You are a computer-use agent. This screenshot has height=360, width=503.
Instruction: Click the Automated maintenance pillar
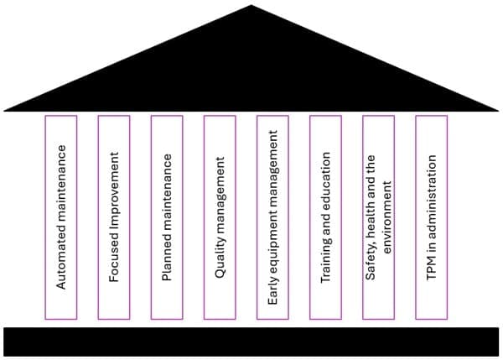pos(60,217)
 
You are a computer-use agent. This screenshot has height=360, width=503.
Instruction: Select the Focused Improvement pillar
pos(113,217)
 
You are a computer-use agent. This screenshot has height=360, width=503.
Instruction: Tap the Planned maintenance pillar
pos(166,217)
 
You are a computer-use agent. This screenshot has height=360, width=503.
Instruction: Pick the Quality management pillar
pos(220,217)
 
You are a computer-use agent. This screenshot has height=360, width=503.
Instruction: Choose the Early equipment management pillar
pos(272,217)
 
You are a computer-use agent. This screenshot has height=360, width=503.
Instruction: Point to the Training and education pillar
pos(325,217)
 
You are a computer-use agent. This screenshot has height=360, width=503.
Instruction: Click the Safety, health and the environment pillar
pos(378,217)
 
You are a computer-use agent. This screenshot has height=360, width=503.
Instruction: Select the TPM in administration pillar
pos(431,217)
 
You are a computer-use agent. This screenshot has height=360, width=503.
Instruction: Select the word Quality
pos(220,263)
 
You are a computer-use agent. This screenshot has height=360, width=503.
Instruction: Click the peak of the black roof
pos(251,8)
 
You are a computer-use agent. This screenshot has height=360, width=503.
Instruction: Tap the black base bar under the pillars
pos(251,342)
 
